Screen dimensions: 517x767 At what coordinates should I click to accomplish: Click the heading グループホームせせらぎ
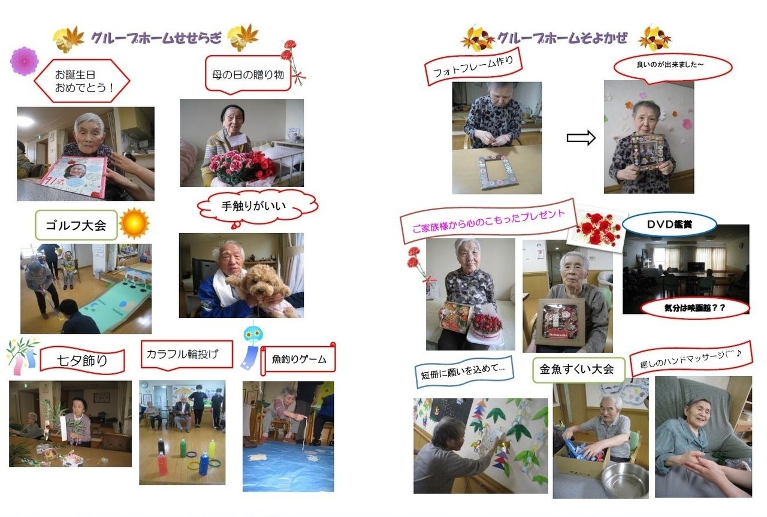click(x=156, y=39)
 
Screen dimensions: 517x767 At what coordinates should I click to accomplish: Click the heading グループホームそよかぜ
click(x=562, y=38)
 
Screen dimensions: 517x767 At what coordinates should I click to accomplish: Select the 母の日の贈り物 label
click(x=247, y=75)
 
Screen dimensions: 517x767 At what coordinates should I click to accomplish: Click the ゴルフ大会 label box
click(x=76, y=225)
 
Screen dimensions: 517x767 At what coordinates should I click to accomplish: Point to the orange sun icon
click(x=134, y=223)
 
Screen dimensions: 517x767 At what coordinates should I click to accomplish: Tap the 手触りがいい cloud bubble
click(x=258, y=207)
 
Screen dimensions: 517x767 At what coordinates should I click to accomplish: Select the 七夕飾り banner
click(x=82, y=361)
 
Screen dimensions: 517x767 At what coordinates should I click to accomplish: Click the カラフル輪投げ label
click(x=186, y=355)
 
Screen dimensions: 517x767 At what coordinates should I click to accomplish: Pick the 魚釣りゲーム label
click(x=298, y=359)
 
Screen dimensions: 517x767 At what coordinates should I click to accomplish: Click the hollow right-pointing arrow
click(x=581, y=138)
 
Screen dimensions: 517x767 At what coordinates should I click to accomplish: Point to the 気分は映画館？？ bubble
click(x=695, y=308)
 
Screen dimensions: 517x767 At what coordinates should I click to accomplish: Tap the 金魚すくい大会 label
click(x=578, y=370)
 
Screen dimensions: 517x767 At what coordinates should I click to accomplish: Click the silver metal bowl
click(x=625, y=480)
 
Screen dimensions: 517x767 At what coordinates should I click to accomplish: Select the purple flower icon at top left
click(x=25, y=61)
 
